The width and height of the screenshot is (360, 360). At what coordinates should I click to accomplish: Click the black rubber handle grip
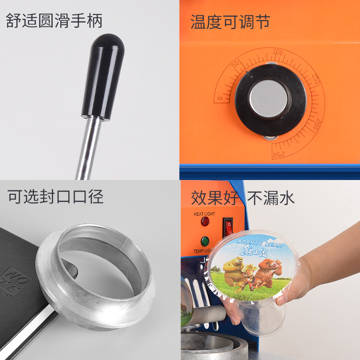click(x=103, y=76)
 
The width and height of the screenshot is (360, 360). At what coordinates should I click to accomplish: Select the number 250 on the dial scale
click(x=279, y=154)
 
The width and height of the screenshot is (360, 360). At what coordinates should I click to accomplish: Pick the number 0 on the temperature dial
click(x=220, y=99)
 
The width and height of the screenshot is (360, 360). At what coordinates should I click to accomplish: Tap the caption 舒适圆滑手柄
click(x=54, y=21)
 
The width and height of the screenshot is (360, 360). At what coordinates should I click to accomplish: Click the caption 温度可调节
click(x=230, y=21)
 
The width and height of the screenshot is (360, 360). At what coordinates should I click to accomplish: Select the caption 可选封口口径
click(x=55, y=196)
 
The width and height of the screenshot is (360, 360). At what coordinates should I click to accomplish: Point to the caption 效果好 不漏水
click(x=243, y=197)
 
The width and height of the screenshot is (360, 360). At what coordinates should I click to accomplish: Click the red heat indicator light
click(x=205, y=221)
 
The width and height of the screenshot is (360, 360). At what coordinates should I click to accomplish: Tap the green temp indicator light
click(x=205, y=241)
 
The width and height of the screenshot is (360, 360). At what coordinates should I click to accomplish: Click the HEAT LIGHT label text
click(x=204, y=214)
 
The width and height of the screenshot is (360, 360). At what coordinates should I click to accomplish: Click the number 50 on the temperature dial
click(x=234, y=64)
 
